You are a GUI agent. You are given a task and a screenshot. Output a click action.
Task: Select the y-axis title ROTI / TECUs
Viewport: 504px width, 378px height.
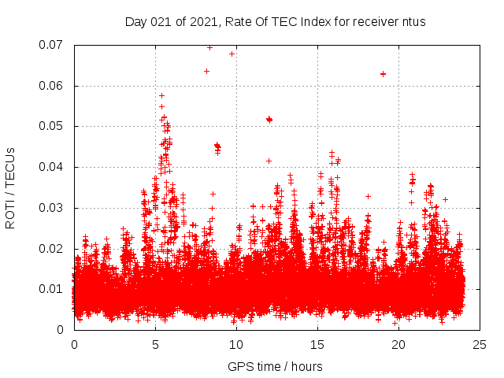point(11,187)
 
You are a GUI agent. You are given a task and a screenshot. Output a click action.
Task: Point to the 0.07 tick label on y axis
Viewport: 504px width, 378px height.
point(52,45)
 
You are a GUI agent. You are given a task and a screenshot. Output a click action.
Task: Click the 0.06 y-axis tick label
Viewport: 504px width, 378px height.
point(52,86)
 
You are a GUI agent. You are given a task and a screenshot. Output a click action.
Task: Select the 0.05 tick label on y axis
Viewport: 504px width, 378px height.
point(52,126)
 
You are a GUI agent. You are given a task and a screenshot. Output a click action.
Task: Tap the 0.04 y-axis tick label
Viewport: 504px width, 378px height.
point(52,167)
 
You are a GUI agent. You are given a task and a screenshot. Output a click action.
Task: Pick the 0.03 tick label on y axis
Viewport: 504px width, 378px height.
point(52,208)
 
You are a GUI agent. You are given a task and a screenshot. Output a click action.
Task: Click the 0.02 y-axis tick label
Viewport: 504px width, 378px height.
point(52,249)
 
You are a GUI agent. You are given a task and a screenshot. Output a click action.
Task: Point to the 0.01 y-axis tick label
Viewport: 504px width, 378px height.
point(52,289)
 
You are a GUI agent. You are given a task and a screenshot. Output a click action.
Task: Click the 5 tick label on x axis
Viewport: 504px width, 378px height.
point(155,345)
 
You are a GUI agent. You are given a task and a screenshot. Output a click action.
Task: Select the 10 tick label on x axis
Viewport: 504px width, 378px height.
point(236,345)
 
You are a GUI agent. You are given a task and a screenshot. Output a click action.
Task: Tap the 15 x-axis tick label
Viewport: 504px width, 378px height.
point(317,345)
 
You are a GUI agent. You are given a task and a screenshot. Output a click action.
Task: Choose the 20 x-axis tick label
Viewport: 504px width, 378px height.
point(398,345)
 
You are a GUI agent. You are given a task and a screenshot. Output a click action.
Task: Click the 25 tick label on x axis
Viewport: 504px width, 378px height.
point(480,345)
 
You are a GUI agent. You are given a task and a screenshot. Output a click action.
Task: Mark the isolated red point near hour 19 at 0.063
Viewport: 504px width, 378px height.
point(383,74)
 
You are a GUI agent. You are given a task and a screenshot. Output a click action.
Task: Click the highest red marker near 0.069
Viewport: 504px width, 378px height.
point(209,47)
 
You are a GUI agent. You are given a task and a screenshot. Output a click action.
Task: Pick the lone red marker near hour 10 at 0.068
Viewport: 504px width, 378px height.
point(232,54)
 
